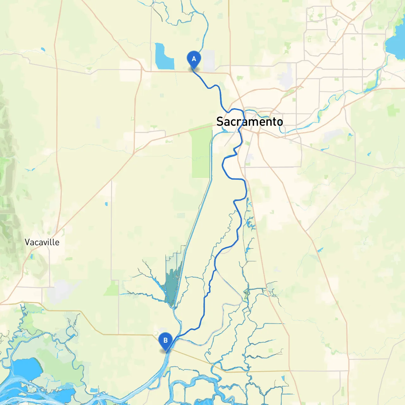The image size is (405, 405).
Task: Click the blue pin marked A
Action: click(x=194, y=59)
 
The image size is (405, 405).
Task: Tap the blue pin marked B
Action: click(x=165, y=341)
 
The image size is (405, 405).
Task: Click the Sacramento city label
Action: click(x=249, y=121)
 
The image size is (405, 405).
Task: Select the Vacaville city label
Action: click(x=42, y=242)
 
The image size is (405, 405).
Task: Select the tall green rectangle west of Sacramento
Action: click(x=201, y=152)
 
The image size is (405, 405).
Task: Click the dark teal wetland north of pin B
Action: click(x=172, y=285)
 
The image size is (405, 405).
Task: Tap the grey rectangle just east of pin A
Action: click(x=209, y=60)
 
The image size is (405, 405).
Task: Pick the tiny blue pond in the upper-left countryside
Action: click(x=43, y=49)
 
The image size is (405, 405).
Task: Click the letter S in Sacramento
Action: click(x=220, y=121)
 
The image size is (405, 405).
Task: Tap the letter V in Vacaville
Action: click(x=28, y=242)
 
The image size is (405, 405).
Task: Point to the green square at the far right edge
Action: click(x=393, y=110)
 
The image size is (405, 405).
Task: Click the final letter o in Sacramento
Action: click(x=279, y=122)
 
